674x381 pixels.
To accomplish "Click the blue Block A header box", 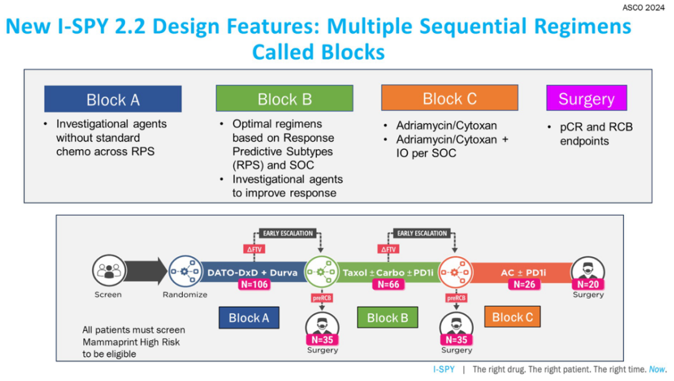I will tap(113, 99).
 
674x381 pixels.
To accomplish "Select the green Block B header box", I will tap(285, 99).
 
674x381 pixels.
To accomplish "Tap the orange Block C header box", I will tap(449, 98).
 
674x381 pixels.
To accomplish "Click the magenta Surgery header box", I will tap(586, 99).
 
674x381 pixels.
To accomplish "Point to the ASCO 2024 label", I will tap(643, 8).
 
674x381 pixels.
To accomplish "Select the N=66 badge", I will tap(388, 284).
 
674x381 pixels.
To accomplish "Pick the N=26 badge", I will tap(524, 284).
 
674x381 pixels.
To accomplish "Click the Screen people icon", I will tap(109, 272).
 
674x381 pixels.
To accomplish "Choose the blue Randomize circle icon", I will tap(185, 272).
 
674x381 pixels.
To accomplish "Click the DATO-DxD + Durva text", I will tap(252, 272).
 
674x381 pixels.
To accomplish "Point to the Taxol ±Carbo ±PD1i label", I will tap(387, 272).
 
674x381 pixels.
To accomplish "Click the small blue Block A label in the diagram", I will tap(249, 318).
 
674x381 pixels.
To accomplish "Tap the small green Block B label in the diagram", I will tap(387, 318).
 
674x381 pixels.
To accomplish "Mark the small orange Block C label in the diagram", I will tap(512, 317).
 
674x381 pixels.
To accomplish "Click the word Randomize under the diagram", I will tap(185, 294).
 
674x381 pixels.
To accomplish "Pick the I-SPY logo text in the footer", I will tap(444, 369).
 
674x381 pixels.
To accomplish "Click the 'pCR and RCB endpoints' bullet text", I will tap(587, 133).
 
